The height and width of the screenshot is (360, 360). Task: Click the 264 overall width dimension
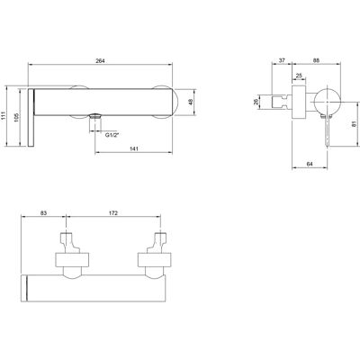click(x=100, y=61)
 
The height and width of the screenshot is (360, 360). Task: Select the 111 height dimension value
click(x=3, y=115)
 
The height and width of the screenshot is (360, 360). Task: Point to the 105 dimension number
click(x=16, y=117)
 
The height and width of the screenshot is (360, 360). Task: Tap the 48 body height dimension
click(x=191, y=102)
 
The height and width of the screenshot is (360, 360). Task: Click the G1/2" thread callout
click(x=112, y=135)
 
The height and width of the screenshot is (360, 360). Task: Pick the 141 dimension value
click(x=134, y=148)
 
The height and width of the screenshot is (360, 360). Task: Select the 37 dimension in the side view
click(x=282, y=60)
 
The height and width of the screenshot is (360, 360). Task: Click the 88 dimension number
click(x=316, y=60)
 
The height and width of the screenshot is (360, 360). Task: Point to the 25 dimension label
click(x=299, y=76)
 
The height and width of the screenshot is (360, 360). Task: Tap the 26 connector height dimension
click(x=256, y=103)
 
